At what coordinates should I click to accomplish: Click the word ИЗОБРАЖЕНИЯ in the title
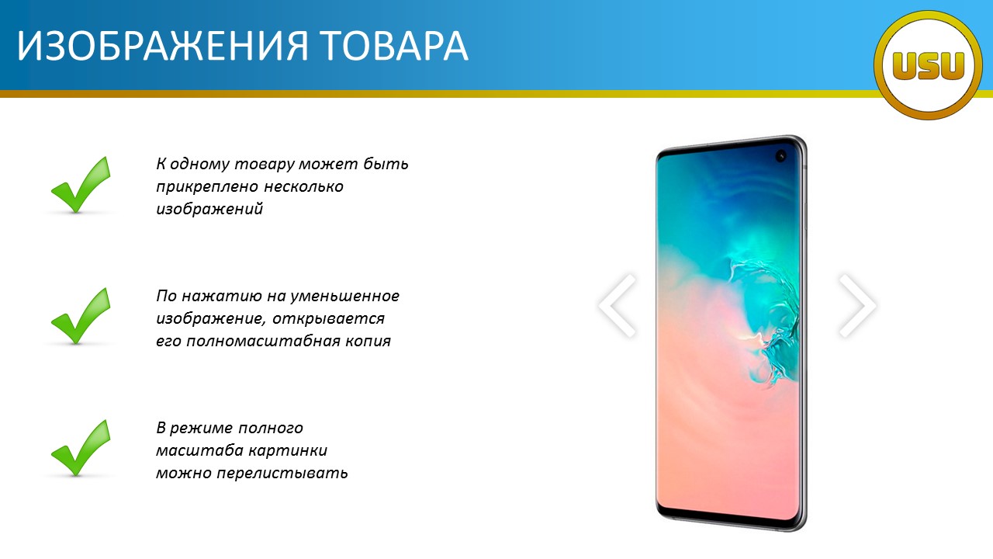tap(162, 46)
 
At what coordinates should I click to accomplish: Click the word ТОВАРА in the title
tap(394, 46)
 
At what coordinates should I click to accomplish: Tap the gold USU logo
tap(928, 65)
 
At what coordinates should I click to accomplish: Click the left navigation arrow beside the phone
tap(617, 306)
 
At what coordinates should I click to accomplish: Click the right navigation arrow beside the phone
tap(858, 306)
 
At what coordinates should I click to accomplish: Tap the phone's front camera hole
tap(780, 156)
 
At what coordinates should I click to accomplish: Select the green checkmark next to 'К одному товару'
tap(81, 185)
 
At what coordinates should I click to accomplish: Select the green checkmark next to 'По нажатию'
tap(81, 316)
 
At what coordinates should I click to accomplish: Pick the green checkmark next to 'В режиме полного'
tap(81, 448)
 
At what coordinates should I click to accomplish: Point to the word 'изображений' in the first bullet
tap(209, 209)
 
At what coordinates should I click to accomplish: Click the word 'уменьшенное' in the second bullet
tap(345, 296)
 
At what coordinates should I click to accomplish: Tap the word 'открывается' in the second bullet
tap(328, 319)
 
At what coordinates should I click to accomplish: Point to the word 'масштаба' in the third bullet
tap(199, 450)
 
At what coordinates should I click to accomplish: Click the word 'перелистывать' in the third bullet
tap(282, 474)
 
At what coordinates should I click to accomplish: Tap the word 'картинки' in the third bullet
tap(288, 450)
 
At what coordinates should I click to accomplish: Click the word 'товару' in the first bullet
tap(264, 165)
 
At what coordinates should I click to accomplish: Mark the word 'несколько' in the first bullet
tap(303, 187)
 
